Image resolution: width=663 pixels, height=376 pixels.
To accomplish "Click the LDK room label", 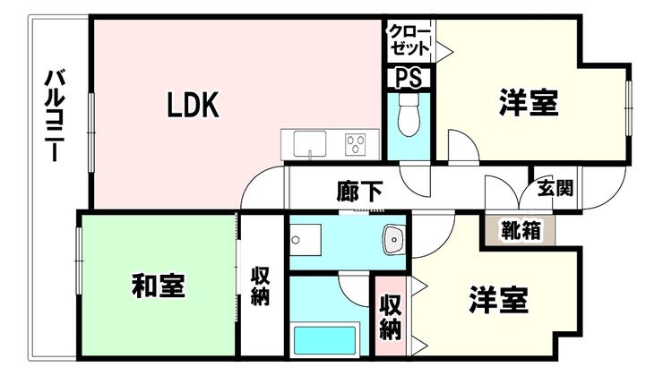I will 191,106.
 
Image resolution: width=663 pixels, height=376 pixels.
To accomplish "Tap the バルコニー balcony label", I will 53,117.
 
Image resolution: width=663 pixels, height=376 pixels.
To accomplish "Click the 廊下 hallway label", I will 360,191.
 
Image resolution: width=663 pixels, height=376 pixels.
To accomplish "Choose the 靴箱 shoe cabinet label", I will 520,229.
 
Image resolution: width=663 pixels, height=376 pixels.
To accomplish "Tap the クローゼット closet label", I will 409,40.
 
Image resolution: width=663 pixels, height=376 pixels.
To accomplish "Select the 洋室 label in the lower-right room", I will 498,298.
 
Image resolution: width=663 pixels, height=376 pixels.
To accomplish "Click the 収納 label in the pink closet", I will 390,317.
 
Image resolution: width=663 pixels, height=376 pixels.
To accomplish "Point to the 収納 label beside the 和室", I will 260,286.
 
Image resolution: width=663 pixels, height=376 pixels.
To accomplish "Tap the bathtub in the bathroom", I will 326,341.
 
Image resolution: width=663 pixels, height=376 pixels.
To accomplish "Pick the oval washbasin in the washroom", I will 392,238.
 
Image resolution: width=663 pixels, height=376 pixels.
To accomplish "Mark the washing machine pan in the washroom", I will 303,237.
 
